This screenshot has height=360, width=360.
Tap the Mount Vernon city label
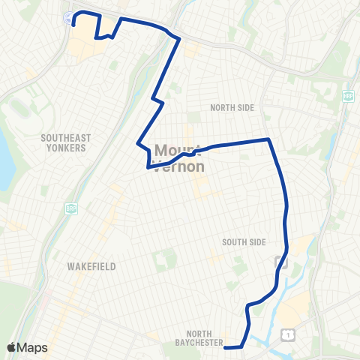pyautogui.click(x=178, y=157)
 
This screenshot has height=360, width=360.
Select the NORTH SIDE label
pyautogui.click(x=232, y=108)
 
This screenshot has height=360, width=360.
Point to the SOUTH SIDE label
pyautogui.click(x=244, y=241)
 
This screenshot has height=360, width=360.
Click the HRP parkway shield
pyautogui.click(x=347, y=95)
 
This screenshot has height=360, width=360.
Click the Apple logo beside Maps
pyautogui.click(x=12, y=347)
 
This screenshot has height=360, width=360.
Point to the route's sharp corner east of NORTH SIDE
pyautogui.click(x=268, y=139)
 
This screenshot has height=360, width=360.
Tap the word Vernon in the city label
pyautogui.click(x=178, y=166)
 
